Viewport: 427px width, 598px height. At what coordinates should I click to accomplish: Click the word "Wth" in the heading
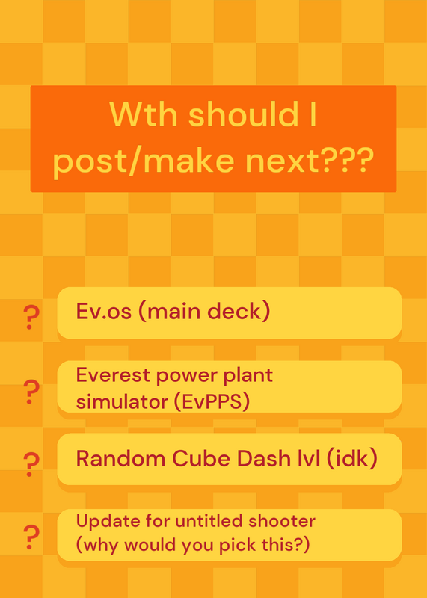(144, 114)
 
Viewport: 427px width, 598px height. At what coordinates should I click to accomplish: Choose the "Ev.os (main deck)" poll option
(230, 312)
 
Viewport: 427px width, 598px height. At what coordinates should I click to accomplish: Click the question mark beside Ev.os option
(31, 318)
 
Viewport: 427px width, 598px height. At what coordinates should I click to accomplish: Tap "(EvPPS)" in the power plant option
(212, 401)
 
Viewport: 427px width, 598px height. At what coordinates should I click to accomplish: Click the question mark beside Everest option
(31, 392)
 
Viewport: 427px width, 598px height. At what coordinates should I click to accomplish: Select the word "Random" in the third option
(121, 458)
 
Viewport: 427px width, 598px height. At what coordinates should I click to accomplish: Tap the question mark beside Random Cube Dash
(31, 464)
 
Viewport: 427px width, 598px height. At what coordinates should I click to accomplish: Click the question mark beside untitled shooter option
(31, 537)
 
